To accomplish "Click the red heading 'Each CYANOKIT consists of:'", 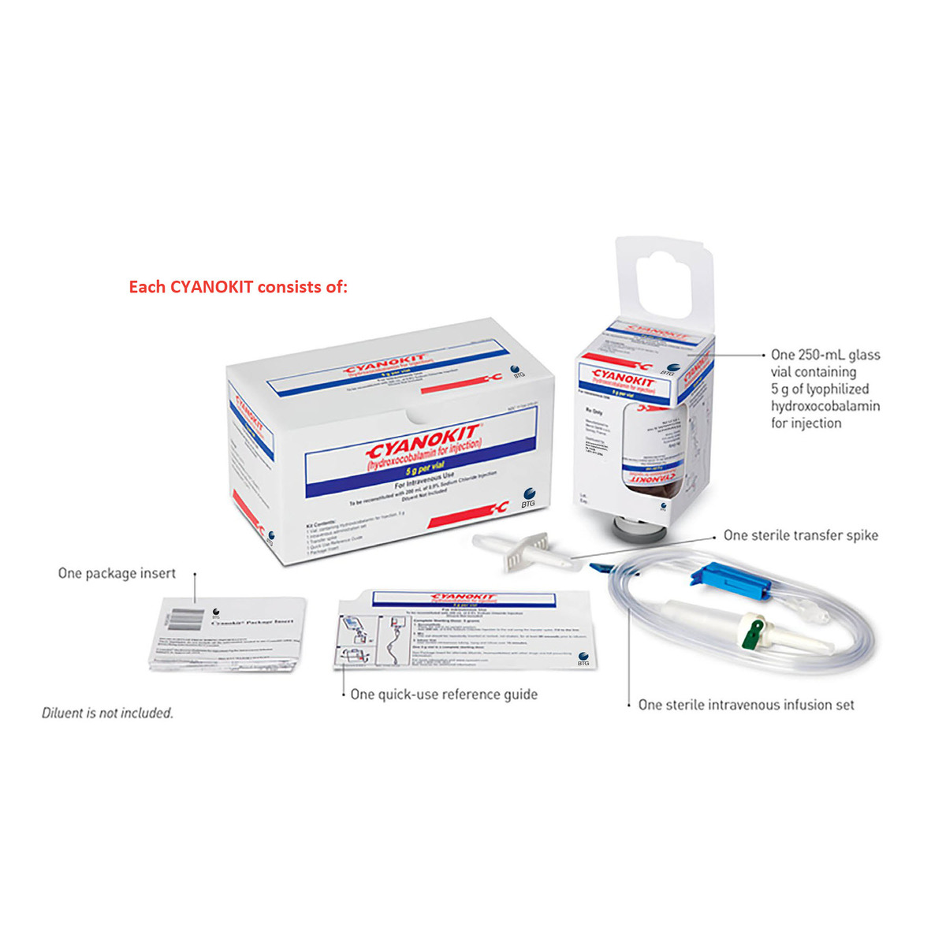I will tap(238, 287).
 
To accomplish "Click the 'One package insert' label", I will tap(117, 573).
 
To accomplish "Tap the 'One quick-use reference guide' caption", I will tap(444, 695).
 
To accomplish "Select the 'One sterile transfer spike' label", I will tap(800, 535).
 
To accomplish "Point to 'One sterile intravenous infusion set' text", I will tap(746, 705).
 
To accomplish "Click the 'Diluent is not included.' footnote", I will tap(107, 713).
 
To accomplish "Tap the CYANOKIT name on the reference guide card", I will tap(465, 598).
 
